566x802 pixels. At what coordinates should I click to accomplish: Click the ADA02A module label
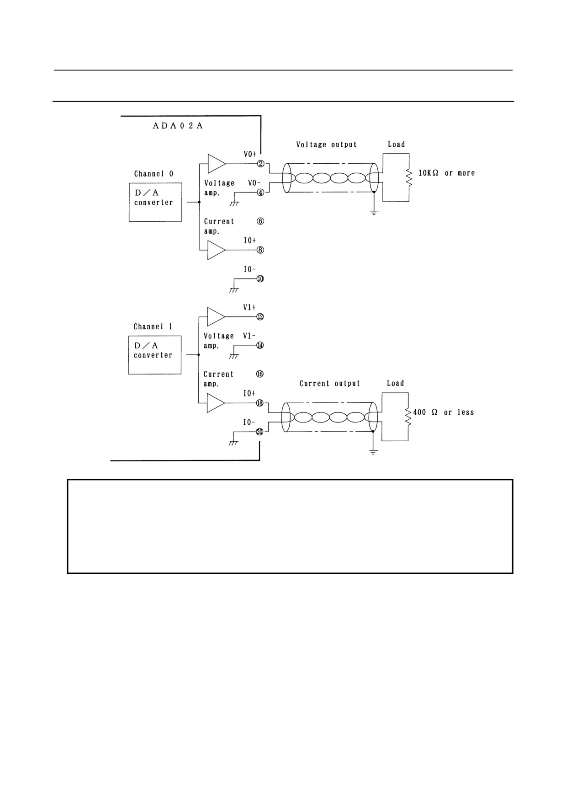(178, 126)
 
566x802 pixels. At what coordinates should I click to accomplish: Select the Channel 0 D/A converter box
(155, 202)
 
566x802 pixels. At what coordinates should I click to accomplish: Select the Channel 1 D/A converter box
(155, 355)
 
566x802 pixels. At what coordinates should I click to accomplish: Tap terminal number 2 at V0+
(261, 164)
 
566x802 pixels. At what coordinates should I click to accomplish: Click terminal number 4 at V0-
(260, 192)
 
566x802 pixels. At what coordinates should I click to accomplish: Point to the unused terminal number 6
(260, 221)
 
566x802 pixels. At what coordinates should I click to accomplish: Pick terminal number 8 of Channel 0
(260, 250)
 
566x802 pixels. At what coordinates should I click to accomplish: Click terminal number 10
(260, 278)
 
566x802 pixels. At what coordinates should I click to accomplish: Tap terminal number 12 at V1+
(260, 316)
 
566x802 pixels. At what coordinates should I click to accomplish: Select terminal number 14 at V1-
(260, 345)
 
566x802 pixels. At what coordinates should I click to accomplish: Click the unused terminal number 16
(260, 374)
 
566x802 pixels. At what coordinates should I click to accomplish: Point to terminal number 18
(260, 403)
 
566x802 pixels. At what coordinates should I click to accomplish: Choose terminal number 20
(259, 432)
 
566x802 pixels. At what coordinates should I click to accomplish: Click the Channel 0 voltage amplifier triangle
(217, 164)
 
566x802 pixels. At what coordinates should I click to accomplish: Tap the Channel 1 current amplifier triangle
(216, 403)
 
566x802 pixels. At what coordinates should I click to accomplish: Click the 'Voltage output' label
(326, 144)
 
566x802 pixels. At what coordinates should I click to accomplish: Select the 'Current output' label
(330, 384)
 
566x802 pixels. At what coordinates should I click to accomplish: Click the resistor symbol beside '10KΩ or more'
(409, 177)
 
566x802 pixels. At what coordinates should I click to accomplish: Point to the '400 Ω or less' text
(443, 412)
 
